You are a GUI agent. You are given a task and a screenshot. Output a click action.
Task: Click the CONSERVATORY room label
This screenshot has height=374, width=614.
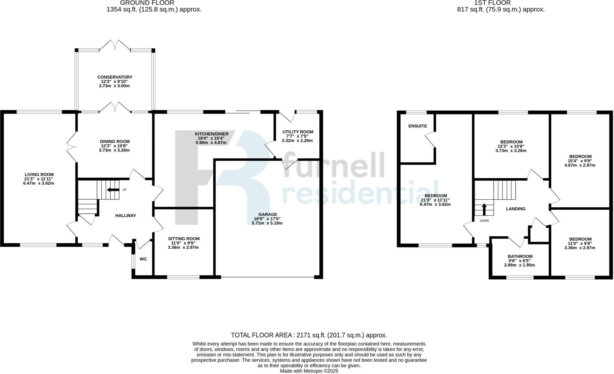pyautogui.click(x=115, y=77)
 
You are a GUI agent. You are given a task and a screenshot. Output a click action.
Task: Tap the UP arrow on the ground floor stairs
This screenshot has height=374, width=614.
pyautogui.click(x=113, y=190)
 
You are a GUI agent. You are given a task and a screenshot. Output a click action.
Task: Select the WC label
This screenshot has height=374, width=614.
pyautogui.click(x=143, y=259)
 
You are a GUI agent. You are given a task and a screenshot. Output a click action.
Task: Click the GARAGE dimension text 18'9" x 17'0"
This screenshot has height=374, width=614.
pyautogui.click(x=267, y=219)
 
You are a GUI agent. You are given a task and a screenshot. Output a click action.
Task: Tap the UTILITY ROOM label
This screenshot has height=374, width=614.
pyautogui.click(x=298, y=132)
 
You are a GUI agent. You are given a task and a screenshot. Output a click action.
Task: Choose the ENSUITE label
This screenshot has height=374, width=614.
pyautogui.click(x=418, y=126)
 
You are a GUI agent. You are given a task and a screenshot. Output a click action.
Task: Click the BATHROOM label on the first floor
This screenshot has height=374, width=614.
pyautogui.click(x=520, y=256)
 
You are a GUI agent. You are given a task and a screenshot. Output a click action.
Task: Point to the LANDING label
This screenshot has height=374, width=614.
pyautogui.click(x=516, y=209)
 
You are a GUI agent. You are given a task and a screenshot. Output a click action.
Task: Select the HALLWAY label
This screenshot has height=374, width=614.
pyautogui.click(x=126, y=215)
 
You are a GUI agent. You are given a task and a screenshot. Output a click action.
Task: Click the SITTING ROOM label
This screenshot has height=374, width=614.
pyautogui.click(x=183, y=239)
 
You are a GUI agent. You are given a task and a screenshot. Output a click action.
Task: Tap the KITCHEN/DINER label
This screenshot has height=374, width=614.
pyautogui.click(x=212, y=134)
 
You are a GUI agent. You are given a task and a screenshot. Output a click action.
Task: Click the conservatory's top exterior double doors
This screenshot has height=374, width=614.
pyautogui.click(x=115, y=45)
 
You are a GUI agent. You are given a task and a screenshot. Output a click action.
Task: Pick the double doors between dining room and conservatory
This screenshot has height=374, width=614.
pyautogui.click(x=115, y=107)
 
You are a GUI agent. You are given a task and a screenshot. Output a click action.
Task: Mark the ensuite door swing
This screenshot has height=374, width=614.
pyautogui.click(x=430, y=140)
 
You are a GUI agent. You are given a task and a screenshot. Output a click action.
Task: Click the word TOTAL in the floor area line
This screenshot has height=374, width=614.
pyautogui.click(x=241, y=335)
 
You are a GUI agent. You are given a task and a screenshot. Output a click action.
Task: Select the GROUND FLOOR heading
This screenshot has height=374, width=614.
pyautogui.click(x=147, y=3)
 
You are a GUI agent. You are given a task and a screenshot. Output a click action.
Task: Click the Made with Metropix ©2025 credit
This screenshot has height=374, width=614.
pyautogui.click(x=309, y=371)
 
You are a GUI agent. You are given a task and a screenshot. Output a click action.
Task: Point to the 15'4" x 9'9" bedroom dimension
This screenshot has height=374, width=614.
pyautogui.click(x=580, y=161)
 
